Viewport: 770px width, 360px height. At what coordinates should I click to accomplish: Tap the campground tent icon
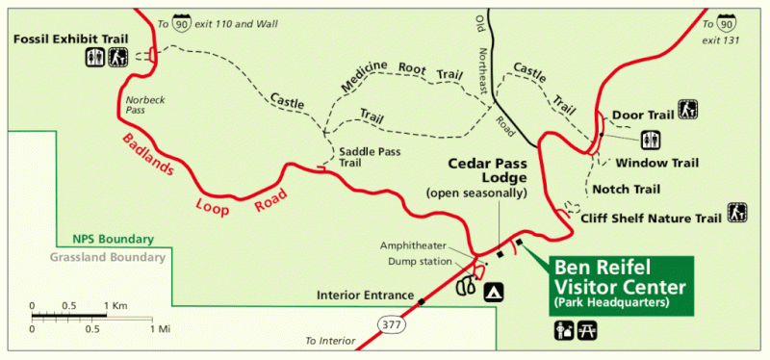pos(495,290)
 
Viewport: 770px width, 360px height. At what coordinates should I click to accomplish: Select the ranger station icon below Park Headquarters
pos(562,331)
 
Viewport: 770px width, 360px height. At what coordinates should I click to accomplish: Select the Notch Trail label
pos(626,189)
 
